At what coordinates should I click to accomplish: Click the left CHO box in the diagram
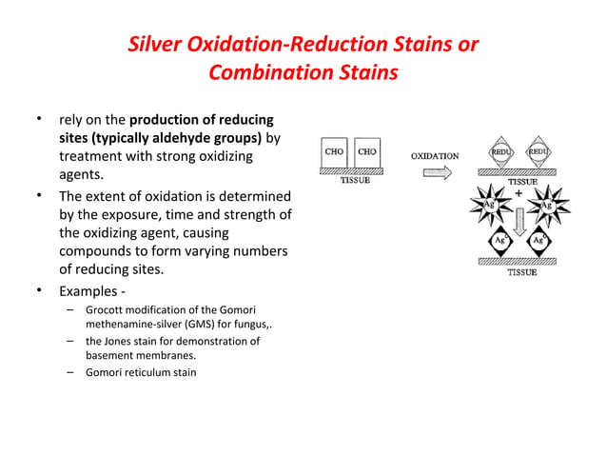click(334, 153)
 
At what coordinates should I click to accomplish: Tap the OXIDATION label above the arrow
click(434, 155)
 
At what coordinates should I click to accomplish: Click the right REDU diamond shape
click(538, 152)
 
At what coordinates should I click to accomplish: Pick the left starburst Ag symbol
click(488, 206)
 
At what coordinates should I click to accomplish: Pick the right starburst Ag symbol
click(548, 206)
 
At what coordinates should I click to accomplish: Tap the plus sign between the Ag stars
click(519, 192)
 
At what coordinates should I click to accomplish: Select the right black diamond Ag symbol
click(538, 242)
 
